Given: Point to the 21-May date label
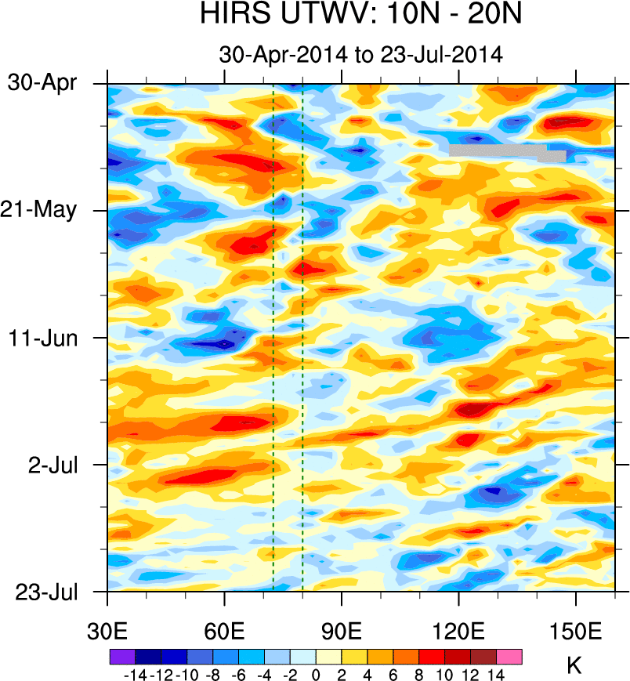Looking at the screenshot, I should tap(49, 210).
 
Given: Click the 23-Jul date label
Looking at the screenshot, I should tap(49, 592).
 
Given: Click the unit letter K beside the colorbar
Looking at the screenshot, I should tap(574, 666).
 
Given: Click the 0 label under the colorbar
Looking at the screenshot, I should tap(316, 673).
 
